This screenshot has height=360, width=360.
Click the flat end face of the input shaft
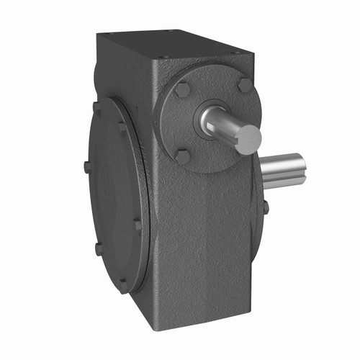coord(248,139)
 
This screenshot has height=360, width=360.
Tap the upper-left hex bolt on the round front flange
coord(183,90)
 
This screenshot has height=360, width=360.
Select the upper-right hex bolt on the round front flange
coord(245,84)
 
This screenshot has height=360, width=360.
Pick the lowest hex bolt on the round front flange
coord(183,156)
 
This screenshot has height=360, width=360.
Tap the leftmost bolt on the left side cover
coord(87,166)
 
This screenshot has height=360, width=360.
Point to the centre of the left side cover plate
coord(115,194)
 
